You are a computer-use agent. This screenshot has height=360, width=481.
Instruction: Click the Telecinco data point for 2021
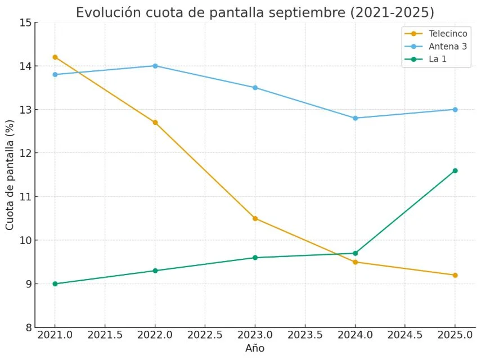point(55,57)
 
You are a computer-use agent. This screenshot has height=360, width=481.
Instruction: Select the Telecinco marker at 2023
point(255,218)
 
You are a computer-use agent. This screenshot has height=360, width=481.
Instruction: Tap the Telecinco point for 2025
point(455,275)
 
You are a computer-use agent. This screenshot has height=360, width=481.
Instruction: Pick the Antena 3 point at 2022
point(155,66)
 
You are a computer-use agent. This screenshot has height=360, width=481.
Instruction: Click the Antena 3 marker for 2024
point(355,118)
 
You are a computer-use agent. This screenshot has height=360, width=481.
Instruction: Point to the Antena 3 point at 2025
point(455,109)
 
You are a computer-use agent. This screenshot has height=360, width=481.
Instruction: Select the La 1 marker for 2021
point(55,283)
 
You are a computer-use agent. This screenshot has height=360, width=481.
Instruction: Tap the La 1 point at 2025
point(455,170)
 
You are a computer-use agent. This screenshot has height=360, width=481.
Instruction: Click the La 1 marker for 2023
point(255,258)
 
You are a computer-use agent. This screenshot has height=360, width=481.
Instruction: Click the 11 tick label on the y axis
point(25,197)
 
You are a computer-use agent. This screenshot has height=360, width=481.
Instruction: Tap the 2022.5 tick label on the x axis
point(205,335)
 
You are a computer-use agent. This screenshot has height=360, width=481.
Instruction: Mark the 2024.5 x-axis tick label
point(405,335)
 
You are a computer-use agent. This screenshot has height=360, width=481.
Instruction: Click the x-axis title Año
point(255,348)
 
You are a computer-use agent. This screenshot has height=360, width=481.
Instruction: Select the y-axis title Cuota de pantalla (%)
point(10,174)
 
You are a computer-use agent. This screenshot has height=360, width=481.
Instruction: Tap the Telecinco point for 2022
point(155,122)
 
